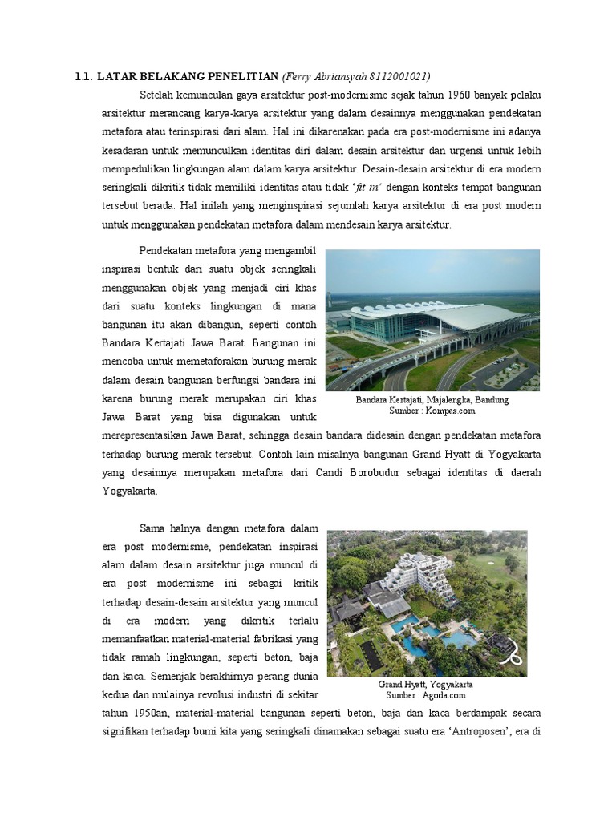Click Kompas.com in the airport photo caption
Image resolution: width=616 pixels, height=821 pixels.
451,410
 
